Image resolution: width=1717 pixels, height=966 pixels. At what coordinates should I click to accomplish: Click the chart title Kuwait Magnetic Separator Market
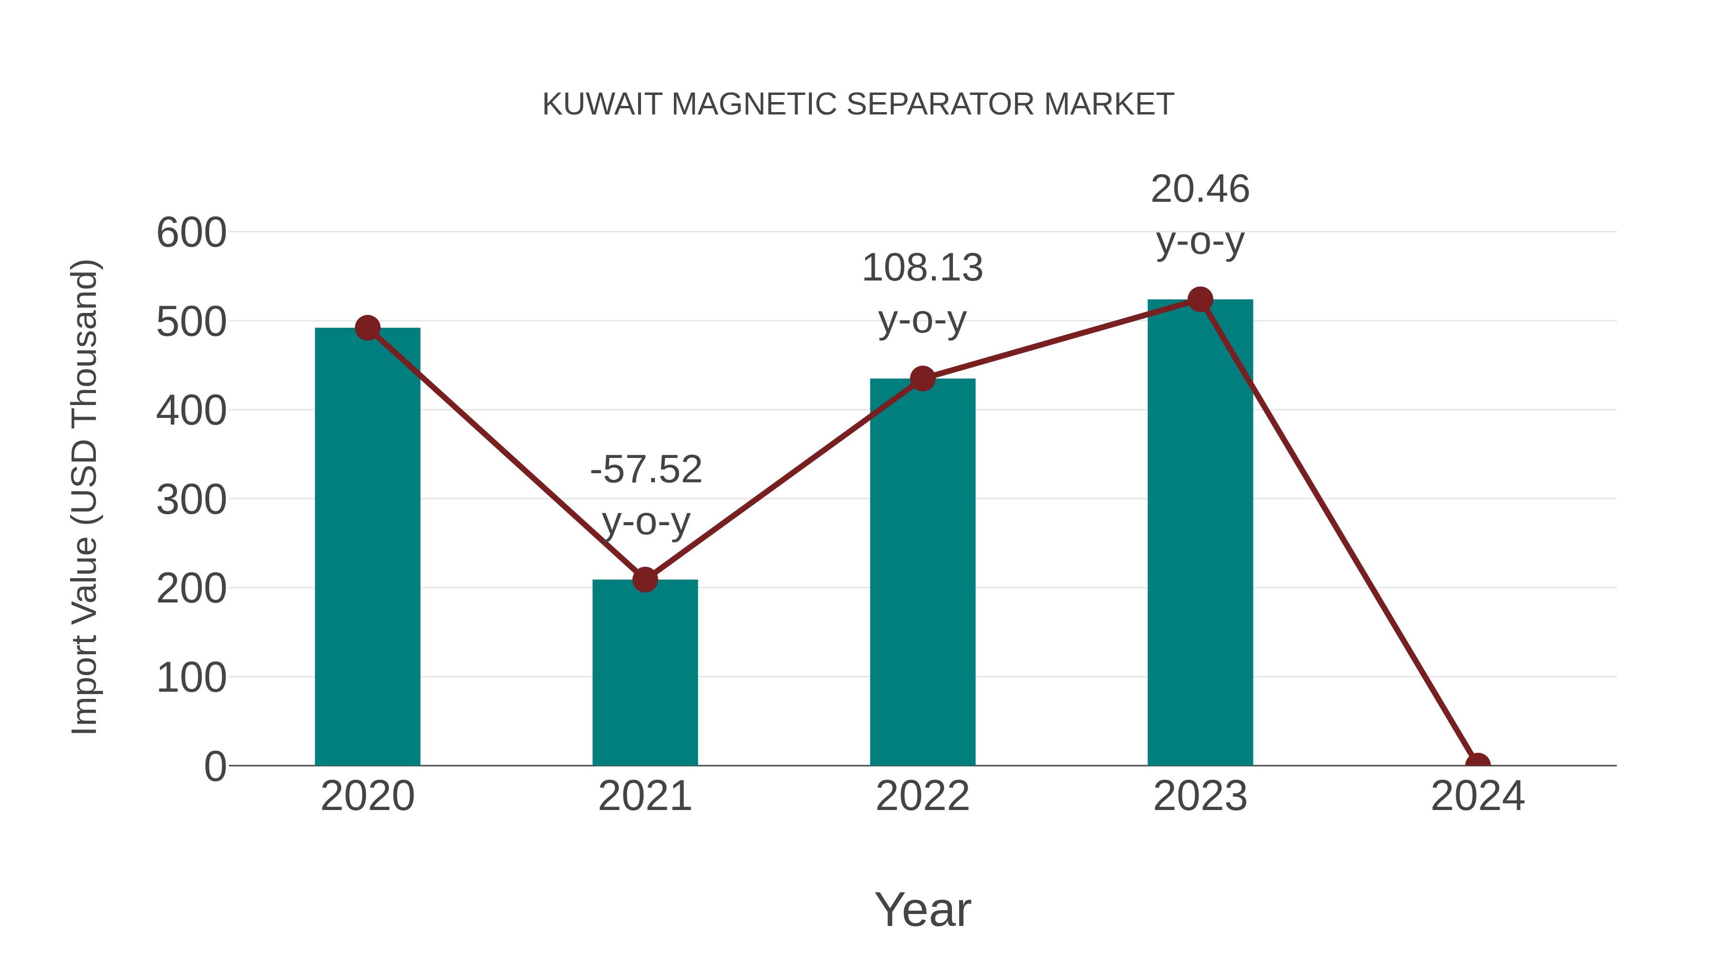[858, 104]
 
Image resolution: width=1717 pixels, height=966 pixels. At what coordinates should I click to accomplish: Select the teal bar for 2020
[367, 547]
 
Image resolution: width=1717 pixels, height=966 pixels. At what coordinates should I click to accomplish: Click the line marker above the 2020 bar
[367, 328]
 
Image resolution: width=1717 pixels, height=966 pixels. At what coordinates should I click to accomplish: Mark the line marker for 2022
[922, 379]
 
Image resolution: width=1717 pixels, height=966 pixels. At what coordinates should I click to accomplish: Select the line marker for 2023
[1200, 299]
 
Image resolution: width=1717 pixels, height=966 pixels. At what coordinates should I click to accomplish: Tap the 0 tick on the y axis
[215, 767]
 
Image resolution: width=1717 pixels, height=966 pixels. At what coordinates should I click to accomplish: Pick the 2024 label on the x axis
[1477, 796]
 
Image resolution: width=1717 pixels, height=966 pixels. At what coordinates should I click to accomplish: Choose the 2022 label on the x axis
[922, 796]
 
